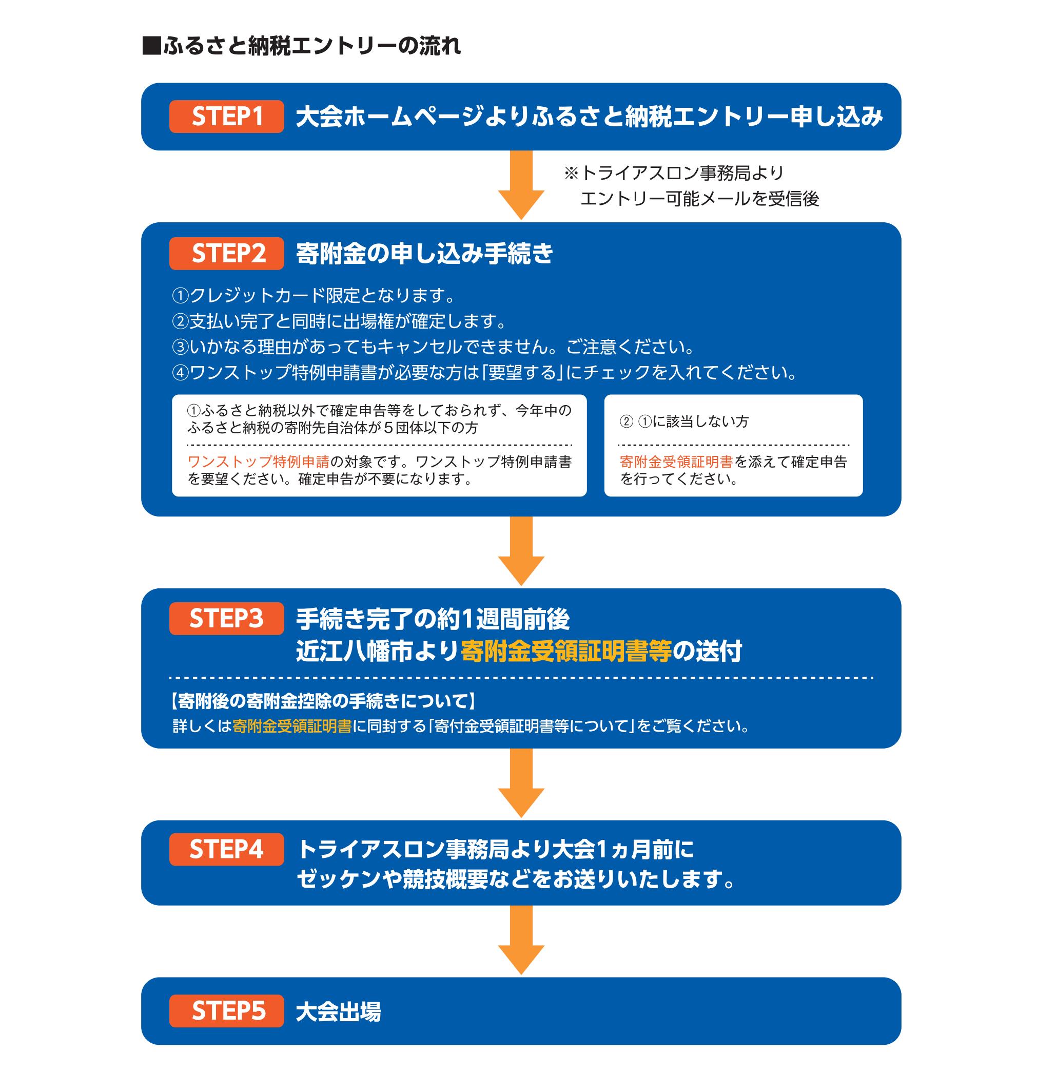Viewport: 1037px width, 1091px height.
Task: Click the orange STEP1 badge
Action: (227, 117)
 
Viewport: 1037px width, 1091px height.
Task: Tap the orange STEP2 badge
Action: (227, 254)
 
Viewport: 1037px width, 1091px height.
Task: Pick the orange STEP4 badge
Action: (227, 849)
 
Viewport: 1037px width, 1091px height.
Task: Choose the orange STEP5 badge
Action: (227, 1011)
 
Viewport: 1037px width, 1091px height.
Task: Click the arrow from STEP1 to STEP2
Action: (521, 185)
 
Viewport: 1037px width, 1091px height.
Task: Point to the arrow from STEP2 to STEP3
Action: (521, 551)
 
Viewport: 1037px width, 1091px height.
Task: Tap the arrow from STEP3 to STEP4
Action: (521, 783)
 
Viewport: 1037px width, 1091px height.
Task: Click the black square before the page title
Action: (151, 46)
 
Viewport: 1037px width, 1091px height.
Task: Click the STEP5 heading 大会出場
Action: (338, 1012)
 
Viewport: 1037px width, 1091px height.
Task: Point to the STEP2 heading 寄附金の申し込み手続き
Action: (424, 254)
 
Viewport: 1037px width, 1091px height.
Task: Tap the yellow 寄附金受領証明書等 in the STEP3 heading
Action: (566, 652)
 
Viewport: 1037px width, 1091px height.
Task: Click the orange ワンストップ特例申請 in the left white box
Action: (259, 462)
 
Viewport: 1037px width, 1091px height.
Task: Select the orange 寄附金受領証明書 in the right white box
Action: (677, 462)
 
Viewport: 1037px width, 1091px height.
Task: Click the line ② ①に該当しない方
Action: (684, 422)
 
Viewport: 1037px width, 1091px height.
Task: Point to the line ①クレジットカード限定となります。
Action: (314, 296)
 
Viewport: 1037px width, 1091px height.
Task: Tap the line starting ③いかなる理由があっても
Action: (434, 347)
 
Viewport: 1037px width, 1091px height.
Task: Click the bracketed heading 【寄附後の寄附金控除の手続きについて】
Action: (323, 701)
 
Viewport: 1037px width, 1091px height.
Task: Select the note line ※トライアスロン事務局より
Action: (674, 174)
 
